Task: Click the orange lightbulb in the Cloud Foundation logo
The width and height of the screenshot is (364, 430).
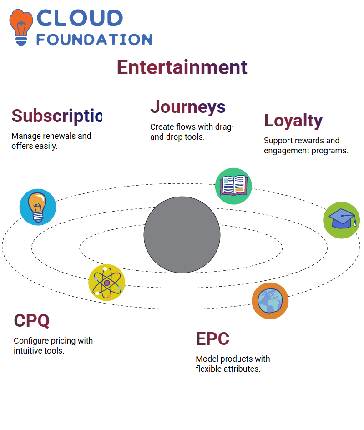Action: (x=21, y=27)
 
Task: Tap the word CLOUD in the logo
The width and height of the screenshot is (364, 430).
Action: (x=80, y=18)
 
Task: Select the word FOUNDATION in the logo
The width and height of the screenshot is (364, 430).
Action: (x=94, y=40)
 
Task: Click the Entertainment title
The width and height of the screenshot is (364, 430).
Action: (x=182, y=67)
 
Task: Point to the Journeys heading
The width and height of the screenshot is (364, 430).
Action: (x=188, y=107)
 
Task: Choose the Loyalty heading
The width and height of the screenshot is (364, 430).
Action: (x=293, y=121)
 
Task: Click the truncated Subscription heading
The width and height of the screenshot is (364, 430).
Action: (x=57, y=116)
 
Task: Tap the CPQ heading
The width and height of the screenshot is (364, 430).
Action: (x=32, y=321)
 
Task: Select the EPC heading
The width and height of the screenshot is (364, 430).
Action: (x=212, y=339)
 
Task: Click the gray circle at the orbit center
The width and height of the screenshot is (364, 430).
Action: (x=182, y=235)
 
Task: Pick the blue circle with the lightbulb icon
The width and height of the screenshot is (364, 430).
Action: (x=38, y=207)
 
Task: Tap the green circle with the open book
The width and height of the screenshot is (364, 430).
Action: (x=233, y=186)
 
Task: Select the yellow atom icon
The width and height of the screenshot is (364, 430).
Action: (x=107, y=283)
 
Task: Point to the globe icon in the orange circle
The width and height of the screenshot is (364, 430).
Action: (x=270, y=301)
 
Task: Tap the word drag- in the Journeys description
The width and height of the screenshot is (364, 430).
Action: (x=224, y=127)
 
